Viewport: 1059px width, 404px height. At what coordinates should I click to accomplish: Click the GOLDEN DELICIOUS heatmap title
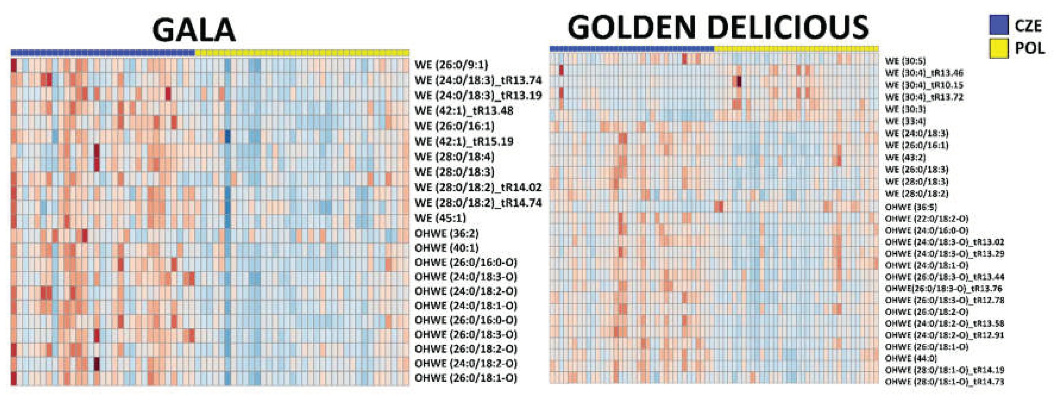pos(718,27)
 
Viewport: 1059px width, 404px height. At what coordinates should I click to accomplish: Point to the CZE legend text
pos(1028,26)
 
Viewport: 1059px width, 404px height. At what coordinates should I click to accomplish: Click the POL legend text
pos(1029,48)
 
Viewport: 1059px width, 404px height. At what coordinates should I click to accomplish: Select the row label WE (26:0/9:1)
pos(451,65)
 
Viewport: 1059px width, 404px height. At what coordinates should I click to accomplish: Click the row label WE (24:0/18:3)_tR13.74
pos(478,80)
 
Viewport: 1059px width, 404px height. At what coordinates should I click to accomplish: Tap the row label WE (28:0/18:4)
pos(454,157)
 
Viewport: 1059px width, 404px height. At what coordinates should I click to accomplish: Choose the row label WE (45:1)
pos(440,218)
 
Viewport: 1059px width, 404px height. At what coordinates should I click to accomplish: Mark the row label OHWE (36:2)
pos(447,233)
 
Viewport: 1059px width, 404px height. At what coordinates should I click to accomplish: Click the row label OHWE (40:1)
pos(447,248)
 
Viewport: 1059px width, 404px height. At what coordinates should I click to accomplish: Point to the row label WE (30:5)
pos(905,61)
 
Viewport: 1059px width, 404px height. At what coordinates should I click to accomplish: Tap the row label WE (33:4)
pos(905,121)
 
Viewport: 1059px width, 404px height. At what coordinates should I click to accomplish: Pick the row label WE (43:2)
pos(905,157)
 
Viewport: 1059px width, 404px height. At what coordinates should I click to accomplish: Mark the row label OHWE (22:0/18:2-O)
pos(927,218)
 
